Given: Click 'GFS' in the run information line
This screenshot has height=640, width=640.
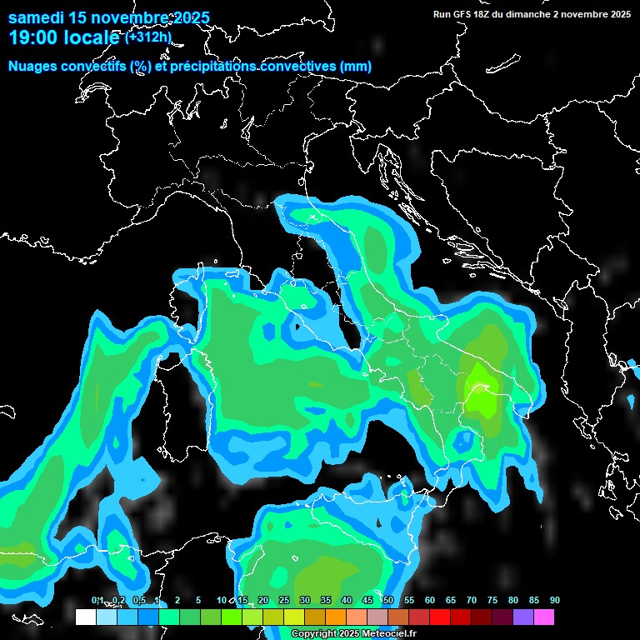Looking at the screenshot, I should [464, 14].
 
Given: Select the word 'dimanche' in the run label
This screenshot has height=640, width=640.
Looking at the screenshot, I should [531, 14].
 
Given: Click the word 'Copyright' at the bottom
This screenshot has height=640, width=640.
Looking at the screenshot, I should [313, 634].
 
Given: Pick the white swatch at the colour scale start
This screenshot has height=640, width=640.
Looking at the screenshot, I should [85, 617].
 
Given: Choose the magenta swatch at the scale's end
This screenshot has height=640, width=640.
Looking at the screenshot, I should [543, 617].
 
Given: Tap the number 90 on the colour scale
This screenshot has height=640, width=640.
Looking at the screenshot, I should [554, 600].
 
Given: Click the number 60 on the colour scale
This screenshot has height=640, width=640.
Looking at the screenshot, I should [429, 600].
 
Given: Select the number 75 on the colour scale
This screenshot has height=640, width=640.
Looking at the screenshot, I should [492, 600].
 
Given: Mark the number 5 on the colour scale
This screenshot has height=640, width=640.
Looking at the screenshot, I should [197, 600].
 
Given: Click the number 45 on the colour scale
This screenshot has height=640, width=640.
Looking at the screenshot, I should [367, 600].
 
